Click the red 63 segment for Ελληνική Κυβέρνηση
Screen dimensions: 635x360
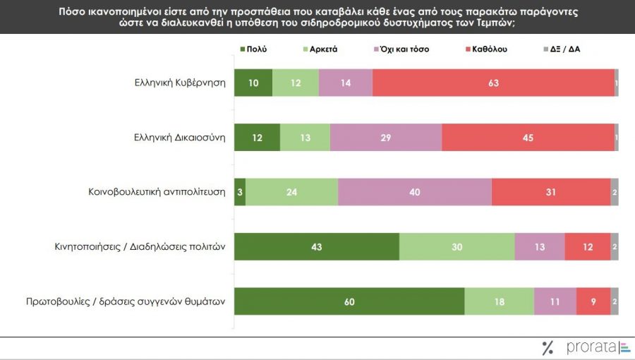(493, 83)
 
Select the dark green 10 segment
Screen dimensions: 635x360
(253, 83)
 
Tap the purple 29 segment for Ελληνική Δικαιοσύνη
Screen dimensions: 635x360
(386, 137)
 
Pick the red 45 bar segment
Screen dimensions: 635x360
(528, 137)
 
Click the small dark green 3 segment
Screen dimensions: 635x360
(240, 192)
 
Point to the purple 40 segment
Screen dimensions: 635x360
(415, 192)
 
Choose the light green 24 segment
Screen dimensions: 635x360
(292, 192)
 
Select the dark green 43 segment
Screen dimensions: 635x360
(317, 246)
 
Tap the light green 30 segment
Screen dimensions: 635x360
(457, 246)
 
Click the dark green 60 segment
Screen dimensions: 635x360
(349, 301)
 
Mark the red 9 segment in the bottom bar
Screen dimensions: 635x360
(593, 301)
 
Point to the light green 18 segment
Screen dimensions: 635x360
(500, 301)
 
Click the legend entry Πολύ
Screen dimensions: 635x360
(253, 49)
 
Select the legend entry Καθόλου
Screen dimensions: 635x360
(486, 49)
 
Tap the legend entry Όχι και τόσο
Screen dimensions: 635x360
(401, 49)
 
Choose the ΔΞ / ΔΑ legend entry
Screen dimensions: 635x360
(562, 49)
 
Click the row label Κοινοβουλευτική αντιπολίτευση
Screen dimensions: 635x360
(157, 191)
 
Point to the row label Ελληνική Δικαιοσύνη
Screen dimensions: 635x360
(179, 137)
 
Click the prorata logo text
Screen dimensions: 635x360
(591, 347)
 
